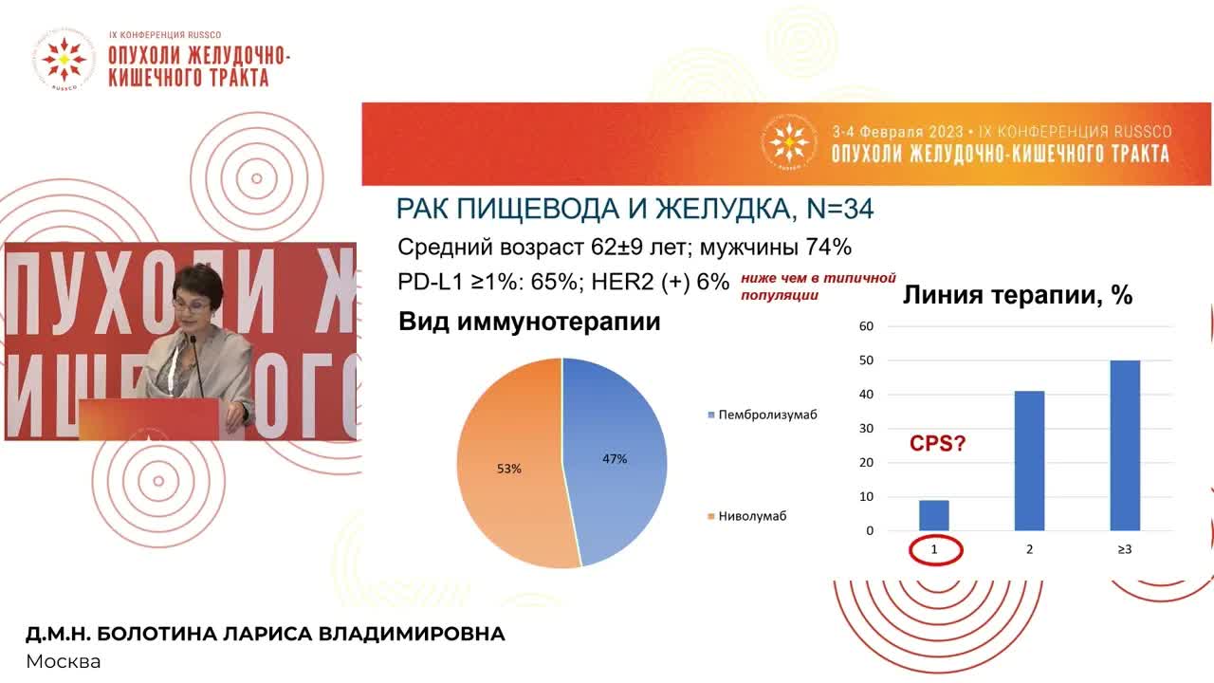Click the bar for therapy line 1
[x=933, y=515]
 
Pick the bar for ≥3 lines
[x=1125, y=445]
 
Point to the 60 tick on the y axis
[x=866, y=326]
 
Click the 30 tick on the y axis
[x=866, y=429]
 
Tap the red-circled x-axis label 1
[x=933, y=550]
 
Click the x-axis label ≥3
[x=1125, y=550]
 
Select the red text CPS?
[x=937, y=443]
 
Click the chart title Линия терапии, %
[x=1018, y=295]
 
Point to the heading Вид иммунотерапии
[x=529, y=322]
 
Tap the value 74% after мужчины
[x=827, y=248]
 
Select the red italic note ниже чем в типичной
[x=819, y=278]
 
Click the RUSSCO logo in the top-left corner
[x=64, y=59]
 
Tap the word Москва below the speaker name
[x=63, y=661]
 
